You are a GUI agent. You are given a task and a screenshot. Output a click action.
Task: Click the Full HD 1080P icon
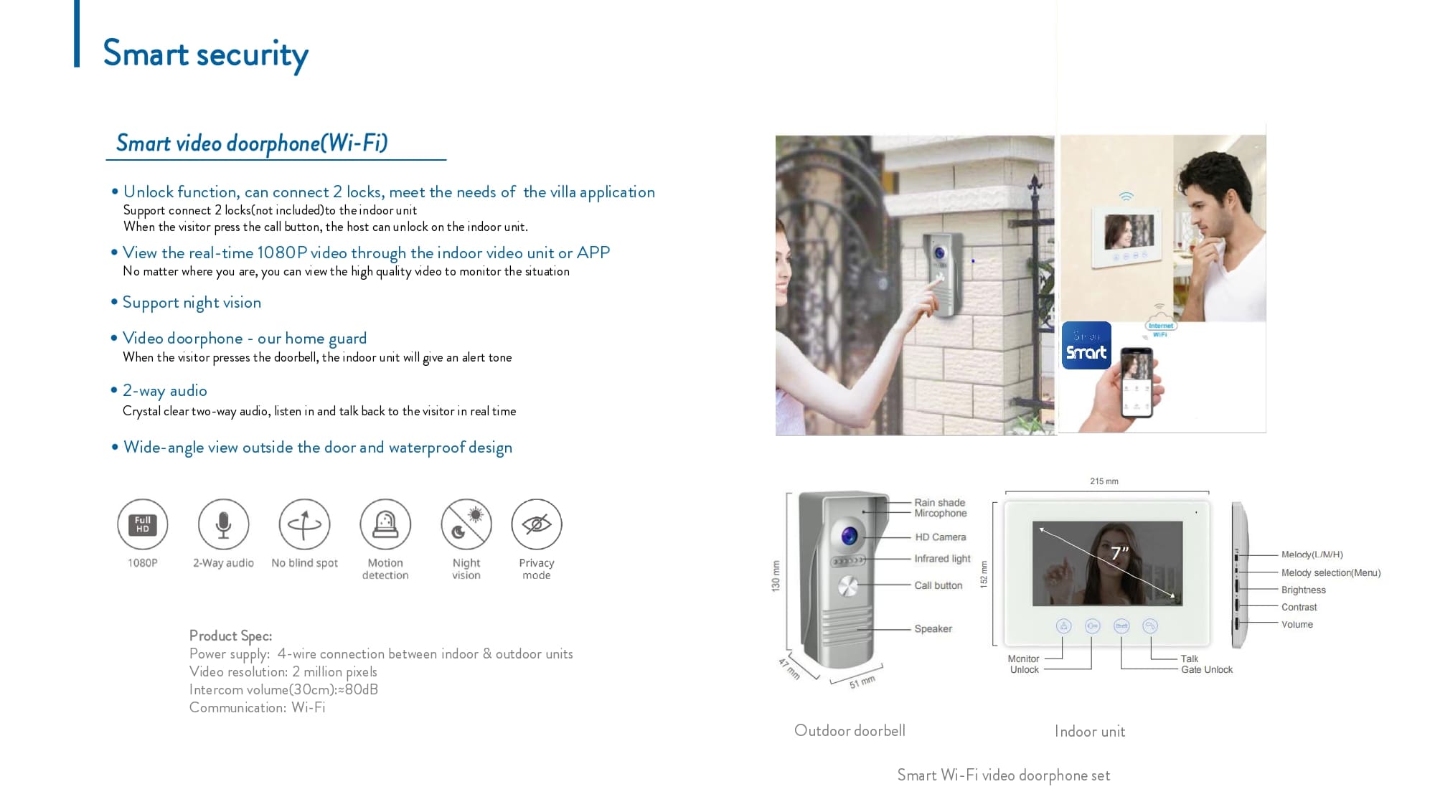(143, 524)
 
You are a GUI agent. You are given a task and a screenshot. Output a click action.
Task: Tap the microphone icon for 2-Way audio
(224, 524)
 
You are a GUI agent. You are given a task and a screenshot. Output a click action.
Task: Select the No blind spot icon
(305, 524)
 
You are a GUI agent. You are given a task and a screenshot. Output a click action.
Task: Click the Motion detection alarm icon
(385, 524)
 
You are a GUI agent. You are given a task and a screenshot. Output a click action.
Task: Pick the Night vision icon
(466, 524)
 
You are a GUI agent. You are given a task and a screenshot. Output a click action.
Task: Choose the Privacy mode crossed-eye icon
(537, 524)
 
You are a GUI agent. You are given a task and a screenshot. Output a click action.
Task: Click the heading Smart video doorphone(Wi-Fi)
(252, 143)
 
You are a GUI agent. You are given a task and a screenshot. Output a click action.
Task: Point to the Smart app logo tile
(1086, 346)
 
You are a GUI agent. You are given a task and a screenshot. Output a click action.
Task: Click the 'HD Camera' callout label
(940, 537)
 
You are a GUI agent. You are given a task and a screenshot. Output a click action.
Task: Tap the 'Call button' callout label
(938, 585)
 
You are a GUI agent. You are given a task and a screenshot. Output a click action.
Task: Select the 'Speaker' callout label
(933, 629)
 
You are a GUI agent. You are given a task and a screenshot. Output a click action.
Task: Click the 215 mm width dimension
(1104, 481)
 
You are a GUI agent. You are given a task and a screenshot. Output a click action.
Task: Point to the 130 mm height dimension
(776, 576)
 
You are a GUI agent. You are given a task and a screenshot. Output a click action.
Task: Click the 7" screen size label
(1119, 553)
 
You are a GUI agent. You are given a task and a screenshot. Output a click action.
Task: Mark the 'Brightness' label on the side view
(1303, 590)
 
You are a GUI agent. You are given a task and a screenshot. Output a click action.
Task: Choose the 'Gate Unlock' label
(1207, 670)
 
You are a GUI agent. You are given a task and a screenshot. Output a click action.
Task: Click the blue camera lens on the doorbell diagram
(850, 535)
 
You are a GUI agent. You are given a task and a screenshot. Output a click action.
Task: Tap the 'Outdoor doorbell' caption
(850, 731)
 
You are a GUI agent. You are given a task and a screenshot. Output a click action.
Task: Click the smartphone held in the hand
(1137, 382)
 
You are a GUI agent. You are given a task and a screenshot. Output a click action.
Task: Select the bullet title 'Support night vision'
(192, 303)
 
